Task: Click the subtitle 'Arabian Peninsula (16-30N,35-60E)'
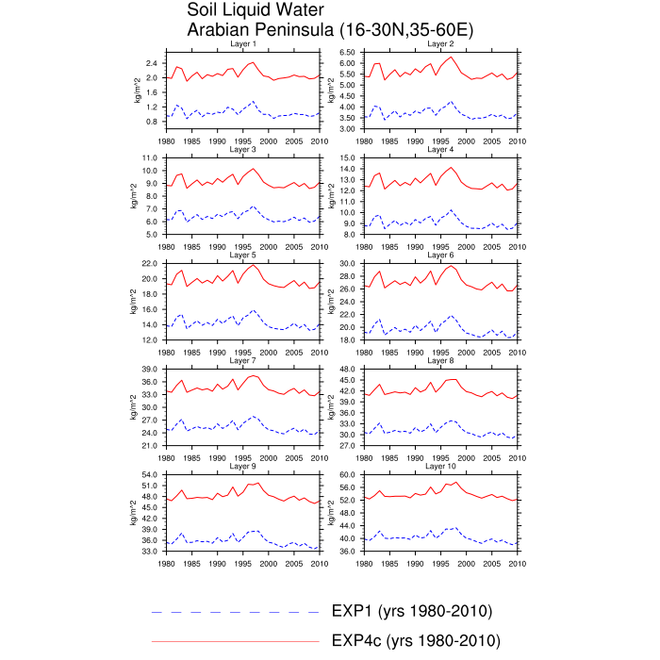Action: [x=330, y=30]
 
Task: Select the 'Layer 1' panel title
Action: [x=242, y=43]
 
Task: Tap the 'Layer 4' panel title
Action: [x=440, y=149]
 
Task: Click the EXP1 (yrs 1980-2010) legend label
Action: [x=412, y=611]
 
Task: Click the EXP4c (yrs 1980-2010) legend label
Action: [x=416, y=640]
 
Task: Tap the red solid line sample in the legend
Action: [x=235, y=641]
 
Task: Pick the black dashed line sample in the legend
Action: [x=235, y=612]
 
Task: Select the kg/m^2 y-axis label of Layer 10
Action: [x=331, y=513]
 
